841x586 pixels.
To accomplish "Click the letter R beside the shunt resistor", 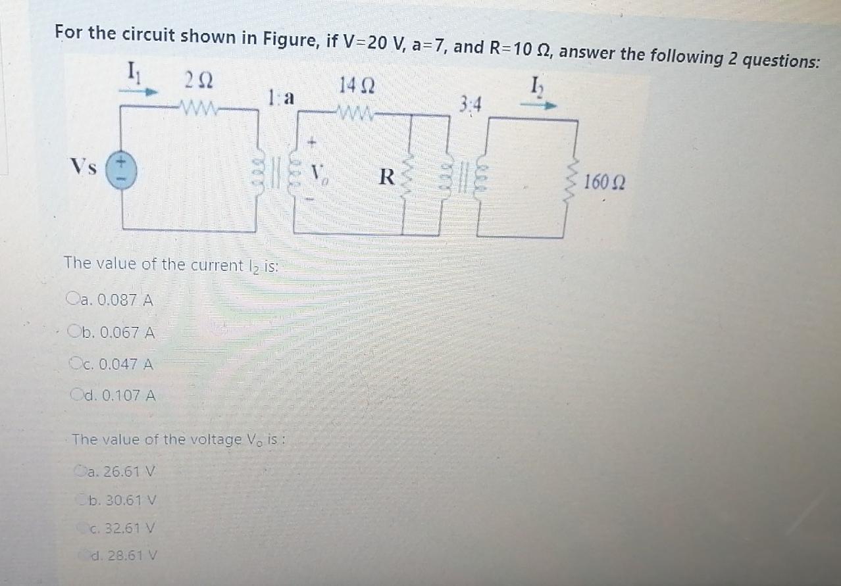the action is [388, 176].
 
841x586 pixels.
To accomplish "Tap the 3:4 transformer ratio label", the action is [471, 104].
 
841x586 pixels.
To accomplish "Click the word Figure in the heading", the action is [291, 39].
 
